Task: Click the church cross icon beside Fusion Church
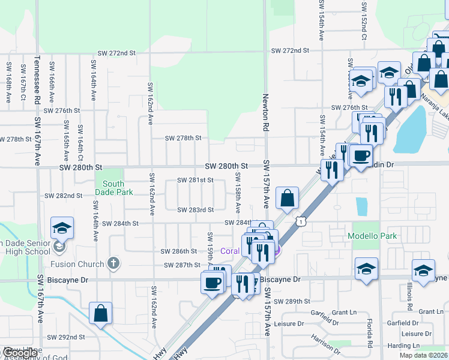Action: pos(112,263)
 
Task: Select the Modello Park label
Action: pos(372,236)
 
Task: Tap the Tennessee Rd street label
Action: pos(37,80)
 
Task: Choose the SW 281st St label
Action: pos(195,180)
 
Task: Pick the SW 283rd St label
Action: pos(195,209)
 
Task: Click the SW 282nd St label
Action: pos(64,196)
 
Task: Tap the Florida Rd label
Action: pos(370,335)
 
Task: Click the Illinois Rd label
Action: pos(409,296)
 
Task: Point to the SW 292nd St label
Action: pos(67,337)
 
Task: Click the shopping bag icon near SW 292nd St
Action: pos(100,313)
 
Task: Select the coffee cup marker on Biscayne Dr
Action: pos(212,282)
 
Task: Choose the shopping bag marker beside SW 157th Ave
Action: pos(288,198)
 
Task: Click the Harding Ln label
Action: pos(422,346)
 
